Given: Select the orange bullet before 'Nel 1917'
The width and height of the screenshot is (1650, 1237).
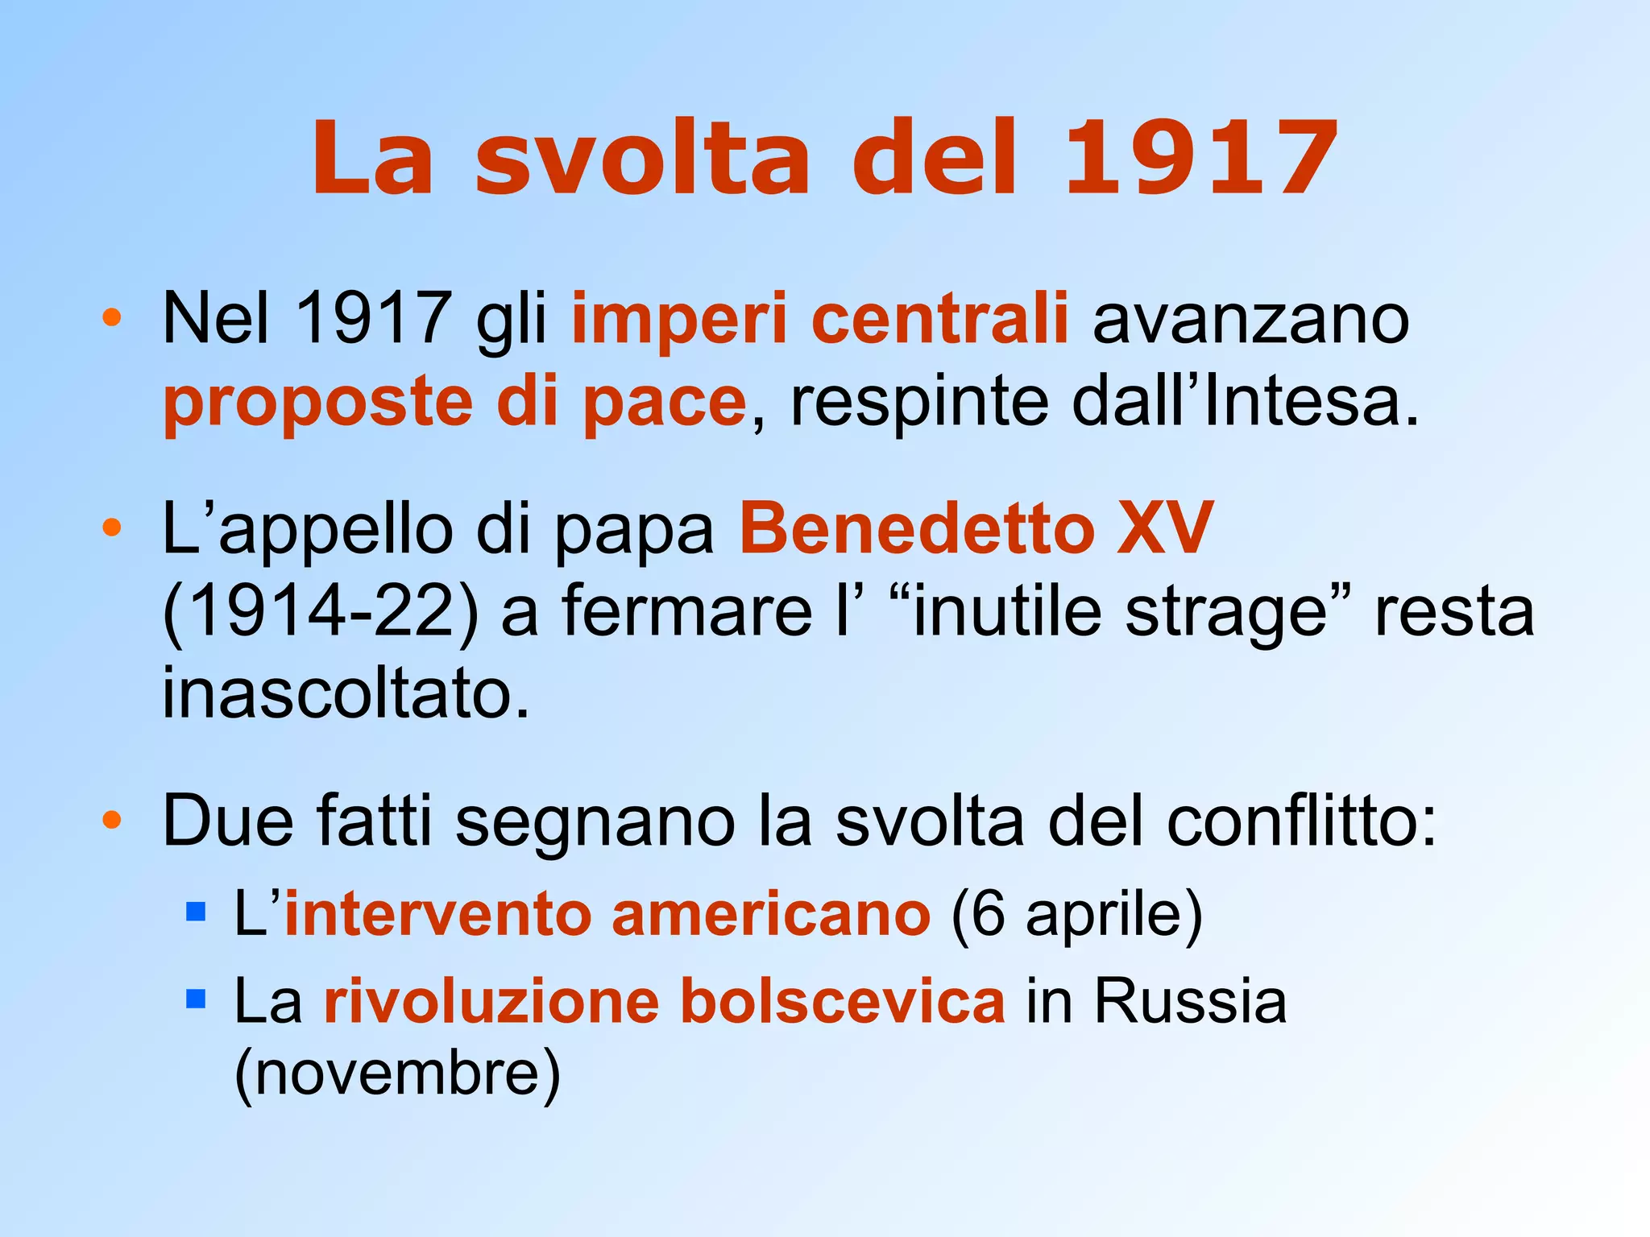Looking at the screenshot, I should [112, 317].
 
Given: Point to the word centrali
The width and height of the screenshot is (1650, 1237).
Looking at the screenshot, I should [939, 319].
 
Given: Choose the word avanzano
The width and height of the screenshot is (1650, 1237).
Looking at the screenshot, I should [1250, 319].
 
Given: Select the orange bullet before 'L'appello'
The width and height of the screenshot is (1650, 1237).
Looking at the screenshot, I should [112, 528].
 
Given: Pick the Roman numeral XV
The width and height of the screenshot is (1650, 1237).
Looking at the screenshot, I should [1164, 529].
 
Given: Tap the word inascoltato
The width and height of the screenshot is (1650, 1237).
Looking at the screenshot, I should [346, 693].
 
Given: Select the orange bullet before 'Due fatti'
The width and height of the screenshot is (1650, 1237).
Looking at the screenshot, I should [112, 821].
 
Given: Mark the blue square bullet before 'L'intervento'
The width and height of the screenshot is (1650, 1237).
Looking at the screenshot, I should [196, 912].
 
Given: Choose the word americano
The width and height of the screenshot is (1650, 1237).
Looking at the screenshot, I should [771, 915].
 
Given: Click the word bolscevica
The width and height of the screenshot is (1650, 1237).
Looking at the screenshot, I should [843, 1001].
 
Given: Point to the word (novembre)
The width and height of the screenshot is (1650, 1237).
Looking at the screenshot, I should [397, 1074].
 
